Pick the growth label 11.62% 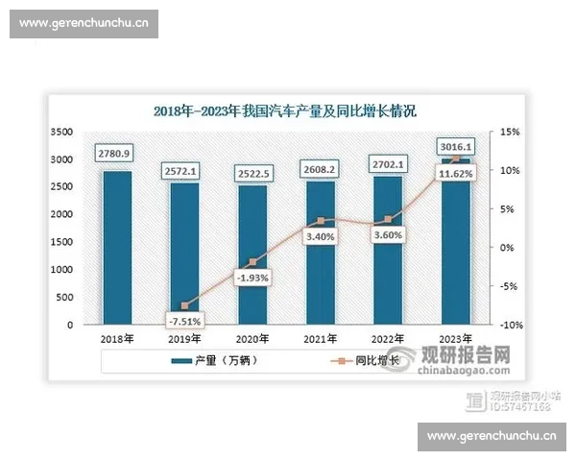tap(455, 174)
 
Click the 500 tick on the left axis tap(64, 298)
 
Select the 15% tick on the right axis tap(508, 132)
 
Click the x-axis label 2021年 tap(321, 339)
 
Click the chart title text tap(285, 110)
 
